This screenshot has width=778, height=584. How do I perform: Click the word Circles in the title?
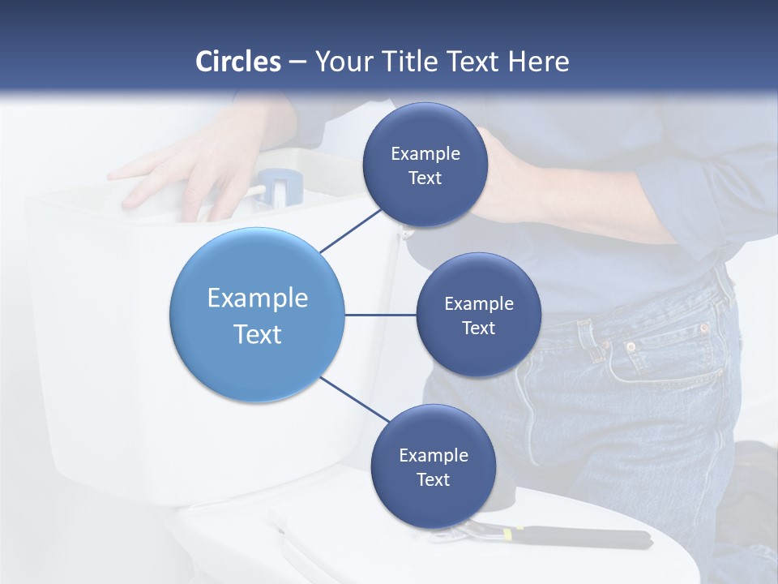click(x=237, y=62)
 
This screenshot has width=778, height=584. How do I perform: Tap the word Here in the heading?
click(x=538, y=62)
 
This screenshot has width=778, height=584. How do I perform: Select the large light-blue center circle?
click(x=257, y=316)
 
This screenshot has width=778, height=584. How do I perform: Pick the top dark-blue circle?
click(x=425, y=165)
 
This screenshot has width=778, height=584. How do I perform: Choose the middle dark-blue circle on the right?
click(x=478, y=315)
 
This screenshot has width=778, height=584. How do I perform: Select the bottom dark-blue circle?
click(x=433, y=466)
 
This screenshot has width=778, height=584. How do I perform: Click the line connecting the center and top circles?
click(x=350, y=230)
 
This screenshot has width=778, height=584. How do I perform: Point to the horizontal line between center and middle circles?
click(x=380, y=315)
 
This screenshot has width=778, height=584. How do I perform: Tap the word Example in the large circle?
click(x=258, y=298)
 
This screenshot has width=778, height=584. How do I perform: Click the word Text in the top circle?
click(x=425, y=178)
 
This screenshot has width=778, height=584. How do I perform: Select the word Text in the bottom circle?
click(x=433, y=479)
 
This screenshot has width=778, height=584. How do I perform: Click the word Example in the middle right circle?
click(x=478, y=303)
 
